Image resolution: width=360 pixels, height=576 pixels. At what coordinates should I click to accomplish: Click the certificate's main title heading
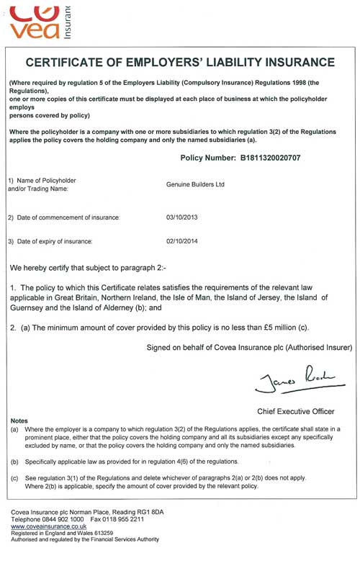pyautogui.click(x=180, y=63)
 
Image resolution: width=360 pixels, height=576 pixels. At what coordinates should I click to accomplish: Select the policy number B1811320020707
pyautogui.click(x=264, y=157)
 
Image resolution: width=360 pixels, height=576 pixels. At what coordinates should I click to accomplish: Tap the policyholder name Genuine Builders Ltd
pyautogui.click(x=195, y=184)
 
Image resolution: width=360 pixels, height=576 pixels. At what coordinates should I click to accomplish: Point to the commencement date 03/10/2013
pyautogui.click(x=181, y=217)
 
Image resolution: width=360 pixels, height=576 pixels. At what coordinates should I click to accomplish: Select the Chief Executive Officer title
pyautogui.click(x=295, y=411)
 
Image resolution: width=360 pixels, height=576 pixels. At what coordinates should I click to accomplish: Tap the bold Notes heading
pyautogui.click(x=21, y=420)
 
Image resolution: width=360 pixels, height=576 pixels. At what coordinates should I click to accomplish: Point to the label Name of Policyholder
pyautogui.click(x=45, y=179)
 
